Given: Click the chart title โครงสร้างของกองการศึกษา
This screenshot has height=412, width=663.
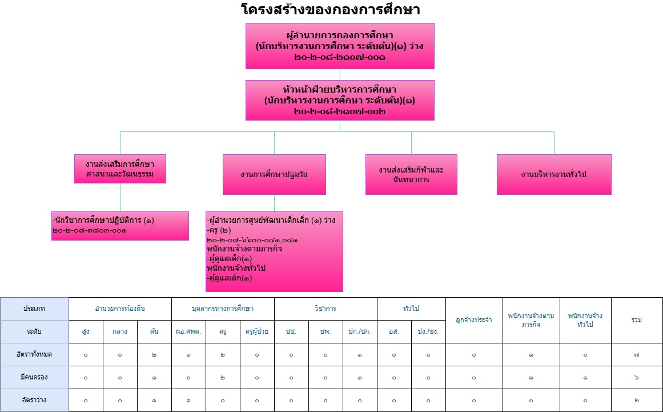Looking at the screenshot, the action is click(x=331, y=9).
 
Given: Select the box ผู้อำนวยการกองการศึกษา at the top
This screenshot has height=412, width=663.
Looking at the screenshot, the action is click(x=340, y=46).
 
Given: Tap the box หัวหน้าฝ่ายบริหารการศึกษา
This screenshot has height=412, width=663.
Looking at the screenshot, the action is click(x=340, y=100).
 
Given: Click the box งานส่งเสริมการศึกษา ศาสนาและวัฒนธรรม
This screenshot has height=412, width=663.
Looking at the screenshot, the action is click(x=120, y=169).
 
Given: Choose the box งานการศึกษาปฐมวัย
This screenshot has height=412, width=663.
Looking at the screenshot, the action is click(x=274, y=174).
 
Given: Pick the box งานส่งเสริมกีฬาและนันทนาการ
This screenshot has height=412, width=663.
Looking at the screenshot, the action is click(x=411, y=174).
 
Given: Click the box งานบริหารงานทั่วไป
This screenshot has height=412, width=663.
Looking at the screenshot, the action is click(x=554, y=174).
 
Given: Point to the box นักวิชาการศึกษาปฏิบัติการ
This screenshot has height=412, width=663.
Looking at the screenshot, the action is click(x=120, y=226).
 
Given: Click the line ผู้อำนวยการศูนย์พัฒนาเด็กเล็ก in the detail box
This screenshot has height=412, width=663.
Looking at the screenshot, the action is click(x=271, y=221).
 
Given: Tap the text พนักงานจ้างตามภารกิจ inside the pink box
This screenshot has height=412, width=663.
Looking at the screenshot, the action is click(x=244, y=249).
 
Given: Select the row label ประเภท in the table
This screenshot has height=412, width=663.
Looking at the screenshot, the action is click(x=34, y=309).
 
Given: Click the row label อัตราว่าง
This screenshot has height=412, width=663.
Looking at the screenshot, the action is click(x=34, y=400).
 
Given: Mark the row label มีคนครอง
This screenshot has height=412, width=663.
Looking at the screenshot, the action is click(x=34, y=377).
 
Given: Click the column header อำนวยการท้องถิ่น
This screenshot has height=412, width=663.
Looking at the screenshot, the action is click(x=120, y=309).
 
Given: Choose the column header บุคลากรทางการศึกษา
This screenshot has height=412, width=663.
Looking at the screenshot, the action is click(x=223, y=309).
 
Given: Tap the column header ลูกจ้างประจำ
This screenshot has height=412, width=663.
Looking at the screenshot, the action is click(x=474, y=320).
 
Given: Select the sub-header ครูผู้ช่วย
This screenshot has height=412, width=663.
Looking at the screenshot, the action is click(x=257, y=331).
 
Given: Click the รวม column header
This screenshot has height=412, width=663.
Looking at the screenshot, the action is click(x=637, y=320).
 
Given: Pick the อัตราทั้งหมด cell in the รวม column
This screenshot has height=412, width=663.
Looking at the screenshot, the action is click(x=637, y=354).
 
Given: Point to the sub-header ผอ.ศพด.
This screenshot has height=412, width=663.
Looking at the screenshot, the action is click(x=188, y=331).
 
